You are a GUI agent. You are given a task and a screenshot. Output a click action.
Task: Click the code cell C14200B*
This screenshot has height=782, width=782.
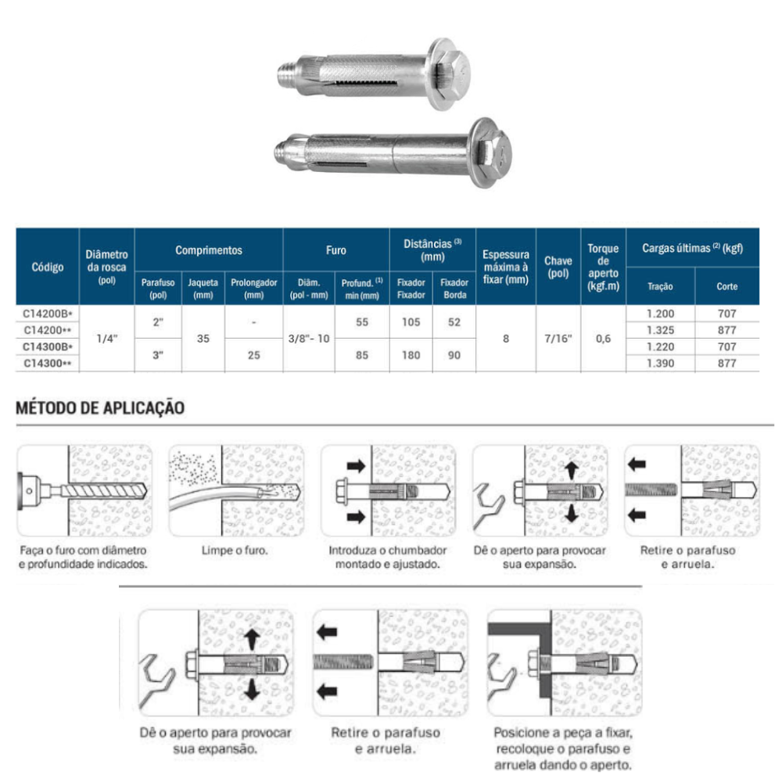tap(47, 313)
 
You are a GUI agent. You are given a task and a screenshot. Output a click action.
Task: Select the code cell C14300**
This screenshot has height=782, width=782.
tap(47, 363)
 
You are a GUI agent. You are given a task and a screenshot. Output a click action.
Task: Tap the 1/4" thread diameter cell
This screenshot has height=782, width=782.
tap(106, 339)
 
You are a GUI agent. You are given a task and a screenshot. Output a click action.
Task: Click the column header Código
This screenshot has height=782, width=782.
tap(47, 267)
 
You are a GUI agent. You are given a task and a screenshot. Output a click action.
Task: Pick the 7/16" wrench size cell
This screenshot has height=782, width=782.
tap(558, 339)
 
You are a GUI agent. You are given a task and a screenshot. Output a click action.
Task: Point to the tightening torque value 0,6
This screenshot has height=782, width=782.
tap(602, 339)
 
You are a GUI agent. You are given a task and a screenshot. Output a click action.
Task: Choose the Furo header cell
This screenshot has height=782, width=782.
tap(335, 250)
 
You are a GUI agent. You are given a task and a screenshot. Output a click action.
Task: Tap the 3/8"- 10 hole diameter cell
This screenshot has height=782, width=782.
tap(308, 339)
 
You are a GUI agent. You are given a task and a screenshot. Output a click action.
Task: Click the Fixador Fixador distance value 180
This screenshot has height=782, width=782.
tap(411, 355)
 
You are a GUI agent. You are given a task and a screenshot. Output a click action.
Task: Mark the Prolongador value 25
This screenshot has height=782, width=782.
tap(253, 355)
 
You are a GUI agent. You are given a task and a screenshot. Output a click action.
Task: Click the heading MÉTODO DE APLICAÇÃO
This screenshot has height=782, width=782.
tap(100, 407)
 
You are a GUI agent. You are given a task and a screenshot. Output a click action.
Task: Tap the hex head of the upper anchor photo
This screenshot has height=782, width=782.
tap(454, 74)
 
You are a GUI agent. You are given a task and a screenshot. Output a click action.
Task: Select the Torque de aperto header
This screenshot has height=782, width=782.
tap(602, 267)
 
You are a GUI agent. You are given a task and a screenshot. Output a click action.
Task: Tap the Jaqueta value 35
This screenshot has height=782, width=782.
tap(203, 339)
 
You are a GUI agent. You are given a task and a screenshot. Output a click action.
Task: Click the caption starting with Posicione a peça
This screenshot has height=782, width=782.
tap(563, 749)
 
